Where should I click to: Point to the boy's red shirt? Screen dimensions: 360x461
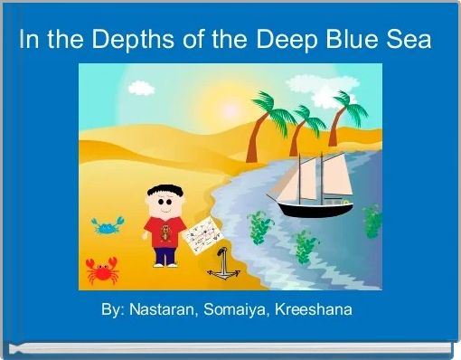coord(165,232)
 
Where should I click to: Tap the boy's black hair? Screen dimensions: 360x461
coord(164,191)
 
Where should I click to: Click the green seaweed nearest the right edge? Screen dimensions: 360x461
coord(372,221)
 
